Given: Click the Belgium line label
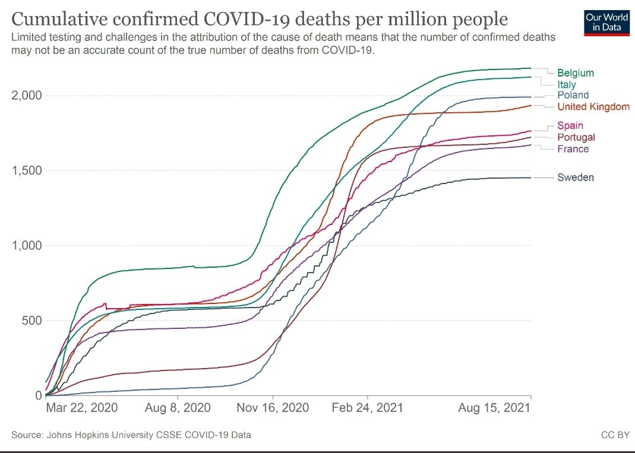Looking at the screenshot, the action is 576,73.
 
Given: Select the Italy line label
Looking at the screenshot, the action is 567,85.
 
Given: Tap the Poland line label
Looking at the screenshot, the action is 573,95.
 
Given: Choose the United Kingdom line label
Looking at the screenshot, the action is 593,106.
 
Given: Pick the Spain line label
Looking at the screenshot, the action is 570,125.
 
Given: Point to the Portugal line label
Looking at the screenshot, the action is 576,137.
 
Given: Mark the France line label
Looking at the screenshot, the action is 573,149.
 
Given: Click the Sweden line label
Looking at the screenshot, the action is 576,178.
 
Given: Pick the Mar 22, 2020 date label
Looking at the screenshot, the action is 82,407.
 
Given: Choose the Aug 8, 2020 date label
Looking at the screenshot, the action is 178,407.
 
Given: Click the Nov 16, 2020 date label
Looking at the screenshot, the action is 273,407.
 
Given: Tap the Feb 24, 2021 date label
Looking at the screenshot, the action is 367,407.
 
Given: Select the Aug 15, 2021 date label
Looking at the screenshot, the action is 494,407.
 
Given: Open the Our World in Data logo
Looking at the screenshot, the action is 606,23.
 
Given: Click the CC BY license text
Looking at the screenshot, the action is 615,435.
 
